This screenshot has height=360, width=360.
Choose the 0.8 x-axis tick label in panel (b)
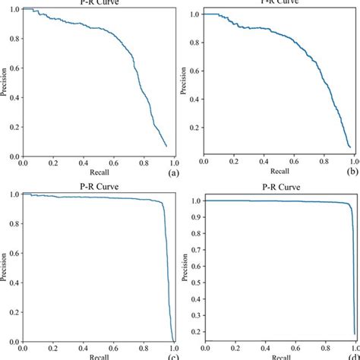(323, 163)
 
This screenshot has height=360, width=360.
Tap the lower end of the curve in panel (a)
(166, 145)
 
